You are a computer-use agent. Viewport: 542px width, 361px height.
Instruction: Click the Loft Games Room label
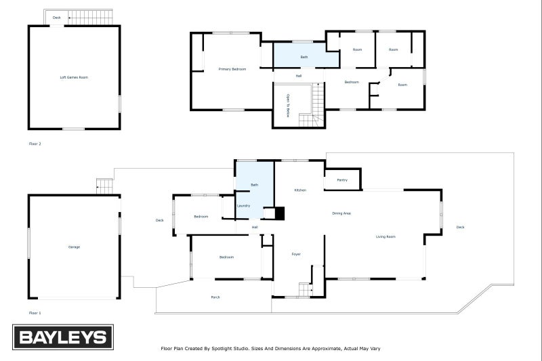[x=74, y=77]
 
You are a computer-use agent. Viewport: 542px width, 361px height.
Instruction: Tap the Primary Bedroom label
[x=232, y=69]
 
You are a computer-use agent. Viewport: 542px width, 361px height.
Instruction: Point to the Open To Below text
[x=288, y=106]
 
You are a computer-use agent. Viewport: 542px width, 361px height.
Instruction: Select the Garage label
[x=74, y=247]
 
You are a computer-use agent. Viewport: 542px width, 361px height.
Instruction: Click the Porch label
[x=215, y=297]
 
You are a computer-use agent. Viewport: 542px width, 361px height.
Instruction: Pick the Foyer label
[x=296, y=254]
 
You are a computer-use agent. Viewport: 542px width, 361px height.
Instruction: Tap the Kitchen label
[x=300, y=190]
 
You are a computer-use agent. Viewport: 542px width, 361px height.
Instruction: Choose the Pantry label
[x=341, y=180]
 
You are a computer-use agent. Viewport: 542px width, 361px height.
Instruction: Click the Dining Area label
[x=341, y=213]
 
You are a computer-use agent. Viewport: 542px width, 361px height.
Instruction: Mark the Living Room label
[x=386, y=236]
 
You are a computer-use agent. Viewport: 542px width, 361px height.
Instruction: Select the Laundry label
[x=244, y=205]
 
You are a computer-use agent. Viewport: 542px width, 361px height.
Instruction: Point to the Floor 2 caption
[x=35, y=144]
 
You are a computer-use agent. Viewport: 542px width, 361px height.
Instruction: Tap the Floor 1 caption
[x=35, y=313]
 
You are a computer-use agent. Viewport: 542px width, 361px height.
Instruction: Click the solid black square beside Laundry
[x=280, y=213]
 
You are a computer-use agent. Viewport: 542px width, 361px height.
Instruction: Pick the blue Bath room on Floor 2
[x=306, y=56]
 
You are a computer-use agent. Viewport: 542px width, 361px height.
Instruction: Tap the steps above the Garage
[x=104, y=185]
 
